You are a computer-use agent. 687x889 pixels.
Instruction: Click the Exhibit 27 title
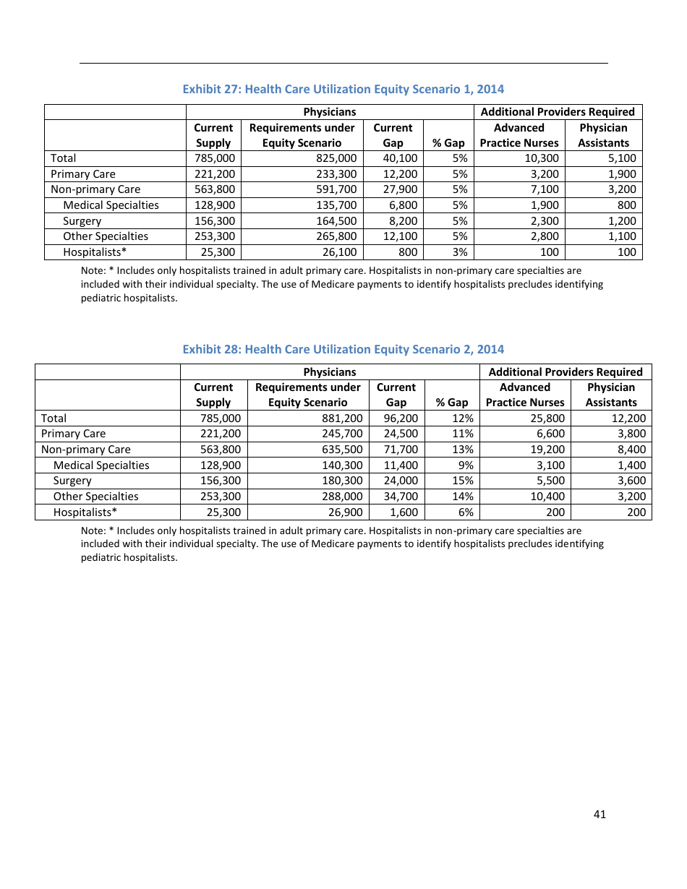(343, 89)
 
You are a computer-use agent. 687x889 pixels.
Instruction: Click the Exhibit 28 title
(343, 349)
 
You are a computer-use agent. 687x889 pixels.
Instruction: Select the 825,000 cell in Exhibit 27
(336, 158)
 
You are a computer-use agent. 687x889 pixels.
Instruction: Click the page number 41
(599, 815)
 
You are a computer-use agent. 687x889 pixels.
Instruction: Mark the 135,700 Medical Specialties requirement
(336, 205)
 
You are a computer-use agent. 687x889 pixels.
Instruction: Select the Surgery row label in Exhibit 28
(72, 481)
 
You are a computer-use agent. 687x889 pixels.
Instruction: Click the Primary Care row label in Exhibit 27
(83, 174)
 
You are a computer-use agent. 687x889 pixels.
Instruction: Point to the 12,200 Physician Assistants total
(630, 418)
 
